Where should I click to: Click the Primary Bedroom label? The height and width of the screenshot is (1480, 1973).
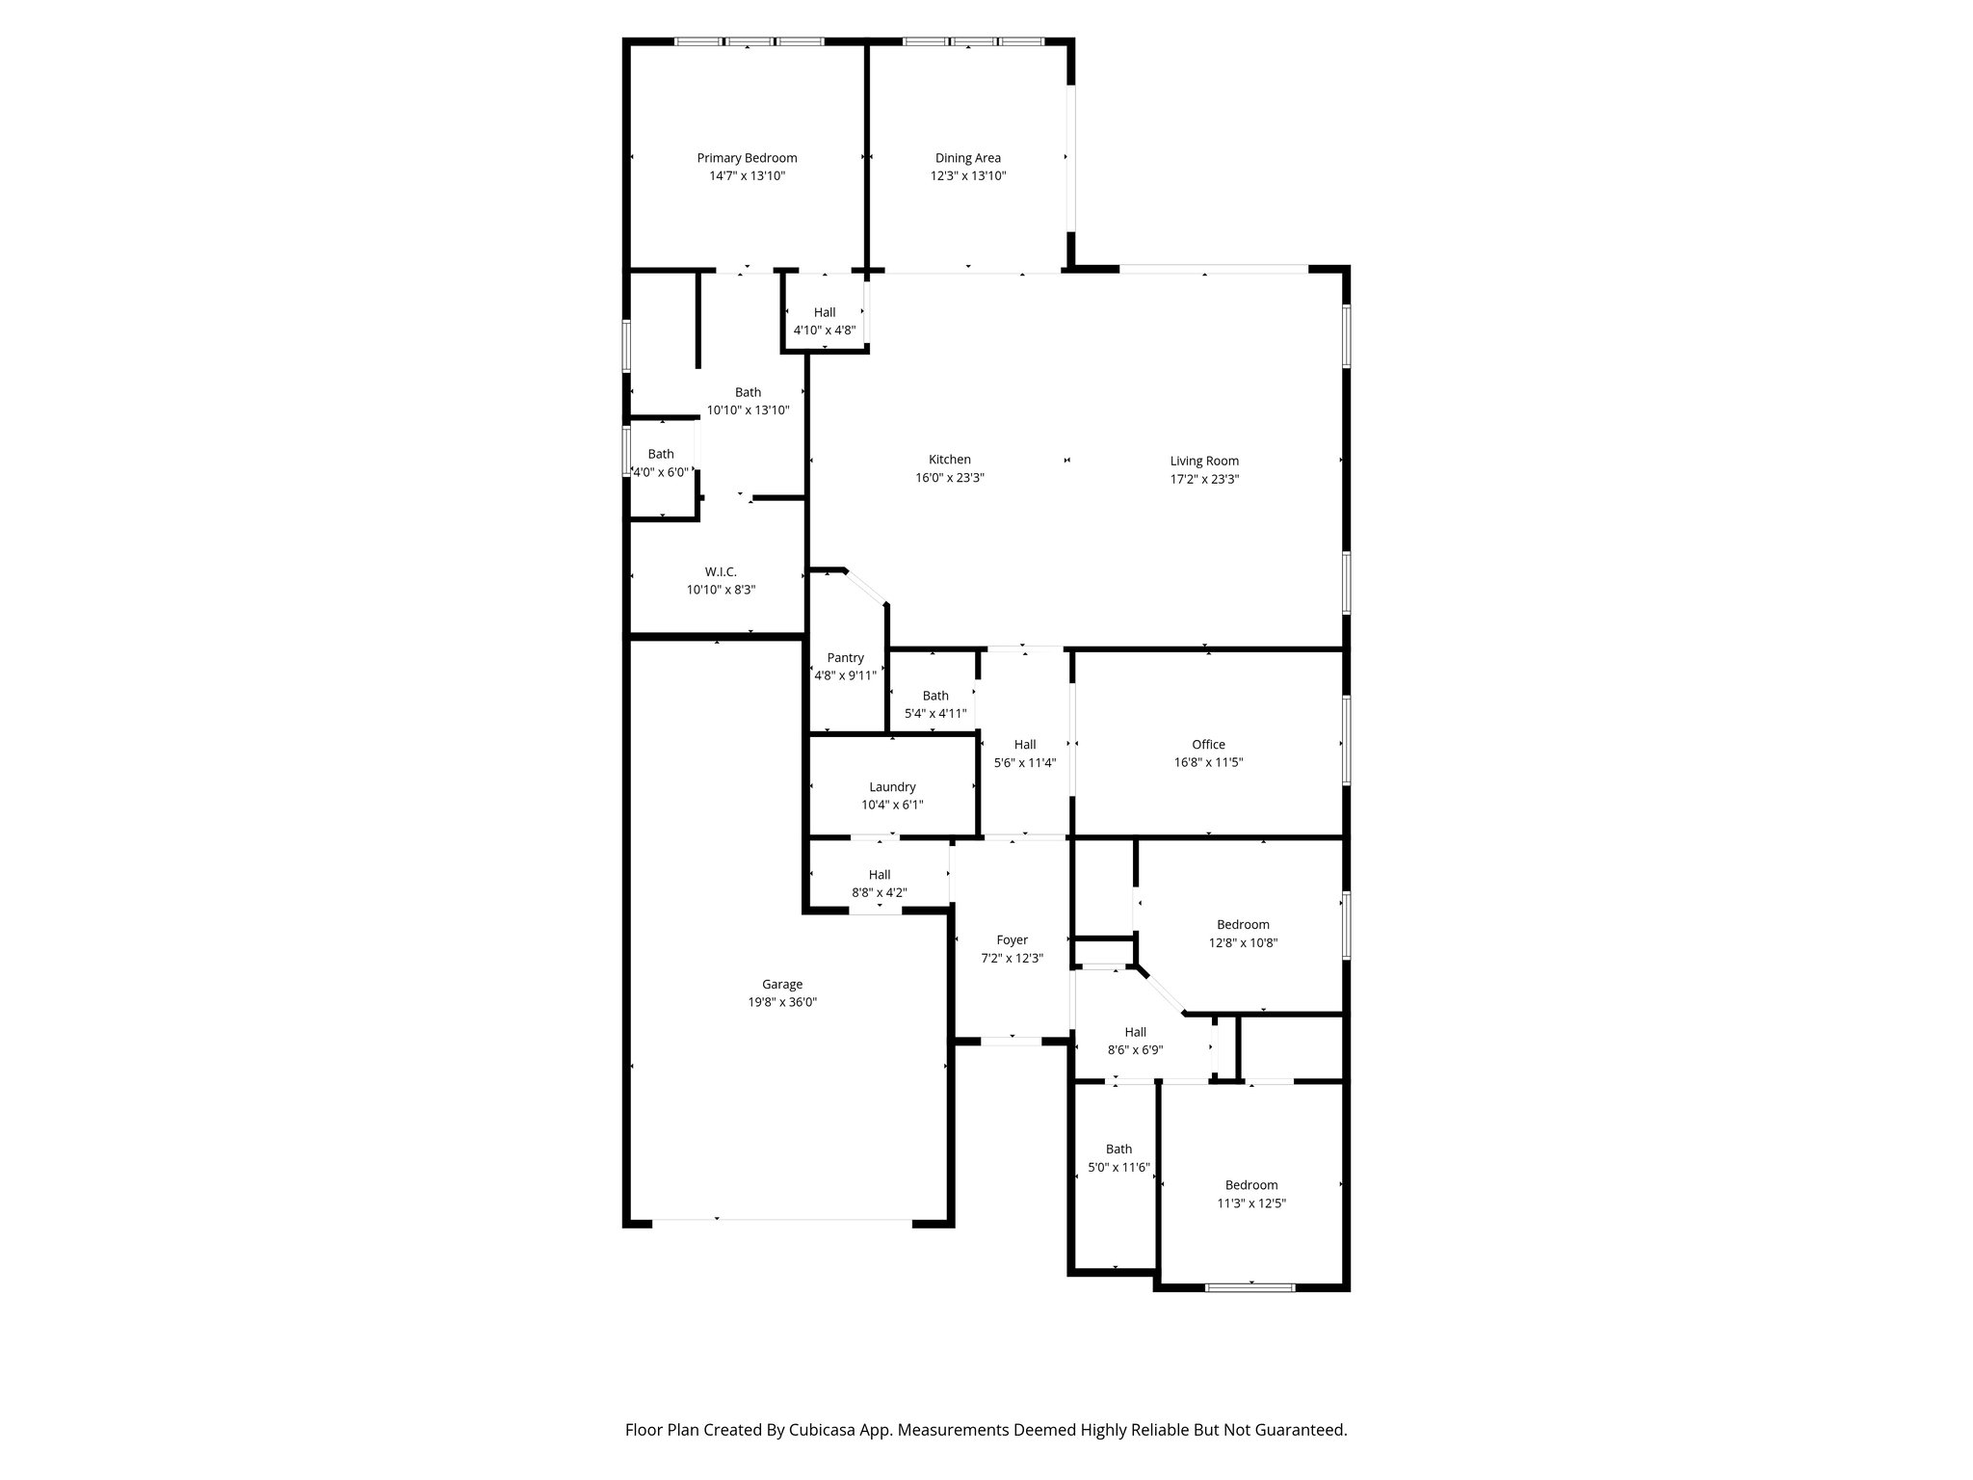pos(747,158)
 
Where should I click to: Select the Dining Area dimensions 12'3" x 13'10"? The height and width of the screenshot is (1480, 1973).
pos(968,176)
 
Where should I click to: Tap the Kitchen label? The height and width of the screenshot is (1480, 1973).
pos(949,460)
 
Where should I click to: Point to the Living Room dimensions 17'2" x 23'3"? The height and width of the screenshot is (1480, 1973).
pos(1204,479)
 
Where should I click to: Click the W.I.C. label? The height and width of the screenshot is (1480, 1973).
pos(721,571)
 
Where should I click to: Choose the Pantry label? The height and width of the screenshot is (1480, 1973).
pos(845,658)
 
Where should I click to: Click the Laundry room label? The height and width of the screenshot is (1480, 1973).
pos(892,787)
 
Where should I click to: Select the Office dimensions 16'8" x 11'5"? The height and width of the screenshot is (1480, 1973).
pos(1208,762)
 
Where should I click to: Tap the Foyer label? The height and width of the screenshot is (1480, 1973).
pos(1012,940)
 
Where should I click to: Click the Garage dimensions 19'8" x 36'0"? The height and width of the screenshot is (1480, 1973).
pos(782,1002)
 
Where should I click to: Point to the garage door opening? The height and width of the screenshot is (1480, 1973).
pos(782,1221)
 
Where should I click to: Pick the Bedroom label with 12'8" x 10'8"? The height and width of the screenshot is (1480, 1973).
pos(1243,925)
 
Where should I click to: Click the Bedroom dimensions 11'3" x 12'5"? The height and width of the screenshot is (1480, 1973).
pos(1251,1203)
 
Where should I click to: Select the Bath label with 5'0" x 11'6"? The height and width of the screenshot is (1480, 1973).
pos(1118,1150)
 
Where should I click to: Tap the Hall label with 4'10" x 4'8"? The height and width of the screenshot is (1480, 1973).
pos(825,312)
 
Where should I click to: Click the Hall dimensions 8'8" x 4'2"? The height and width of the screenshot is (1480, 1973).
pos(879,893)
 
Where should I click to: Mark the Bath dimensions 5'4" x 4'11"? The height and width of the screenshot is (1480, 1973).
pos(935,714)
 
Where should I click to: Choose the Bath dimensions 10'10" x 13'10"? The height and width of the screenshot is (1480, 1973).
pos(748,410)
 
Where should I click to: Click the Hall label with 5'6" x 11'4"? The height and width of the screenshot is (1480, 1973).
pos(1025,745)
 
